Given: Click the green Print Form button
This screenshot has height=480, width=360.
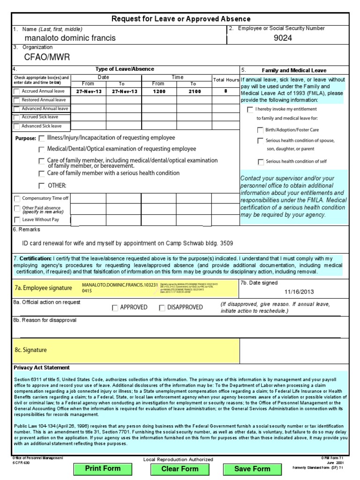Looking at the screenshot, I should click(103, 468).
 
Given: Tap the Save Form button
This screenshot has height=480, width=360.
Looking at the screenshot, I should click(252, 468).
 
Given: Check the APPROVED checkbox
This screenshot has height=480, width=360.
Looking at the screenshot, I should click(115, 308).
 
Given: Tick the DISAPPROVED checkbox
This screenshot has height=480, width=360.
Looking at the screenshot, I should click(162, 308).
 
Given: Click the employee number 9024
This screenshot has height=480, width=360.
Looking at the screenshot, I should click(283, 38).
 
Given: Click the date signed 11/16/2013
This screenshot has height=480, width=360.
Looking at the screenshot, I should click(299, 292).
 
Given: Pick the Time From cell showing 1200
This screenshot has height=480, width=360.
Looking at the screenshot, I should click(159, 91).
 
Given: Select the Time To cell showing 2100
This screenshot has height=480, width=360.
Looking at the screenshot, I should click(195, 91).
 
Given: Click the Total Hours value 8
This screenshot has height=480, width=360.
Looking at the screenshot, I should click(225, 91).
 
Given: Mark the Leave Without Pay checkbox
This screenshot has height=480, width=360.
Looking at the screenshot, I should click(17, 220).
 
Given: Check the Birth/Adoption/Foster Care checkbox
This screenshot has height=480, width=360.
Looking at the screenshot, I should click(260, 130).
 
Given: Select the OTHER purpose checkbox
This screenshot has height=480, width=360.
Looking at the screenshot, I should click(42, 186).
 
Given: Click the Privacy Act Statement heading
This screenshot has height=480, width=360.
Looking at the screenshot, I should click(42, 367).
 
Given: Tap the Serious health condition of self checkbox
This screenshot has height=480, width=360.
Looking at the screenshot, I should click(260, 162).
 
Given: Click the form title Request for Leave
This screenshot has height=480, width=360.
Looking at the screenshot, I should click(180, 19).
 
